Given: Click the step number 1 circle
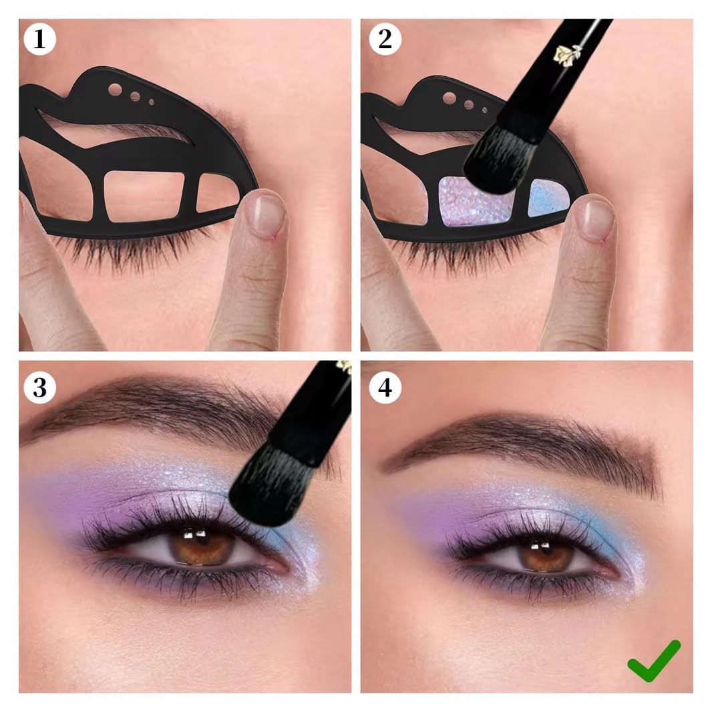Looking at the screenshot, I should click(x=40, y=39).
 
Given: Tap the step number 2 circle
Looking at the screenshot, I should click(x=385, y=39).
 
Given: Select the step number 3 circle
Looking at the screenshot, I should click(x=40, y=387).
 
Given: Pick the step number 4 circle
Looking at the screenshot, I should click(x=385, y=387).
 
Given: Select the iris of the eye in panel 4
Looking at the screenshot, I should click(x=545, y=554).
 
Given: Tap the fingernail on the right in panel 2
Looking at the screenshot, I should click(x=596, y=218).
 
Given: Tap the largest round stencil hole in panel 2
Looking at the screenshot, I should click(x=450, y=98).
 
